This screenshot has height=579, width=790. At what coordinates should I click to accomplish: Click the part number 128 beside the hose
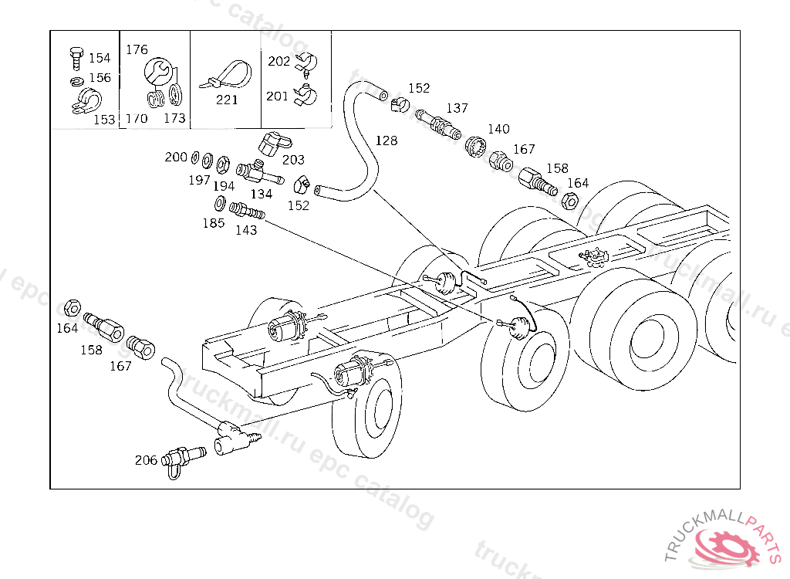click(x=387, y=141)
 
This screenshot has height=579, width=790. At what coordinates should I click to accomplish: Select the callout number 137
click(x=457, y=108)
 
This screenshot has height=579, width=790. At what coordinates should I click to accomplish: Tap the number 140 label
click(x=498, y=129)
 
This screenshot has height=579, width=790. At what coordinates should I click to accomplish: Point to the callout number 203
click(x=293, y=160)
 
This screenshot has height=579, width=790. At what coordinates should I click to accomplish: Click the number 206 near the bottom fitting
click(x=146, y=460)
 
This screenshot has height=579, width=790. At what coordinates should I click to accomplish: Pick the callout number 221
click(x=227, y=100)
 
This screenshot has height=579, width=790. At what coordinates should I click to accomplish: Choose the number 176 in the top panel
click(x=137, y=49)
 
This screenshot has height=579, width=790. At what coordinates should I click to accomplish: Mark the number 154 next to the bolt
click(x=100, y=58)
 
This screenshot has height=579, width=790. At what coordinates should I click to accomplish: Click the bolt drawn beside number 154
click(x=76, y=59)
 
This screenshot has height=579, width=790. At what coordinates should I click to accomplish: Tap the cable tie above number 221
click(x=227, y=75)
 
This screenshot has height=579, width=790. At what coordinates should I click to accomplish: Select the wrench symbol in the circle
click(x=157, y=70)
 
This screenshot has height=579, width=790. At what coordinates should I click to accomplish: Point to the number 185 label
click(x=214, y=223)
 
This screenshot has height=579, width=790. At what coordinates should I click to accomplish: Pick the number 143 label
click(x=246, y=230)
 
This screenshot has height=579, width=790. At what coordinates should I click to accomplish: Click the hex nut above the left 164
click(x=73, y=307)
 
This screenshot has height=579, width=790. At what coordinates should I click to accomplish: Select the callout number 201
click(x=277, y=96)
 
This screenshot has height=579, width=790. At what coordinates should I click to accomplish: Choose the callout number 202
click(x=279, y=61)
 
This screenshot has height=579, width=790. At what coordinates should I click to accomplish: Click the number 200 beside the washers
click(x=176, y=157)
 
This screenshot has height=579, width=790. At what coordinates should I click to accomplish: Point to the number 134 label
click(x=261, y=195)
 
